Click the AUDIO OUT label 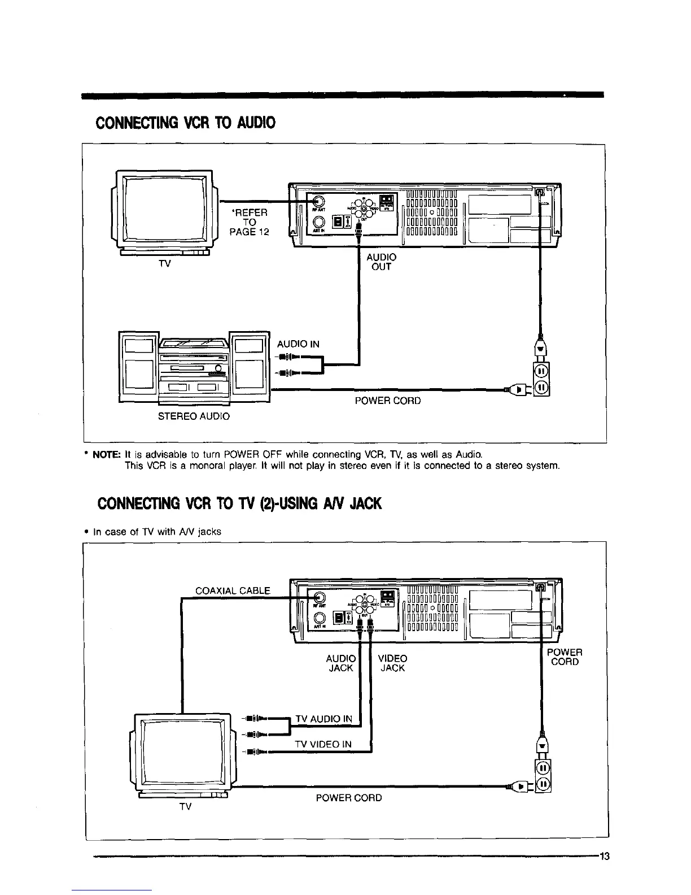382,262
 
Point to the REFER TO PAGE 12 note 250,222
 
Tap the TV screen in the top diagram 164,208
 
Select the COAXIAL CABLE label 233,591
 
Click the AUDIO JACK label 341,663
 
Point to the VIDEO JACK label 392,663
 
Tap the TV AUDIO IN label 324,719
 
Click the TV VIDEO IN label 323,745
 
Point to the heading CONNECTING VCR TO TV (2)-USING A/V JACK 239,503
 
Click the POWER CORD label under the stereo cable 387,401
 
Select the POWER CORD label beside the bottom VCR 565,657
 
